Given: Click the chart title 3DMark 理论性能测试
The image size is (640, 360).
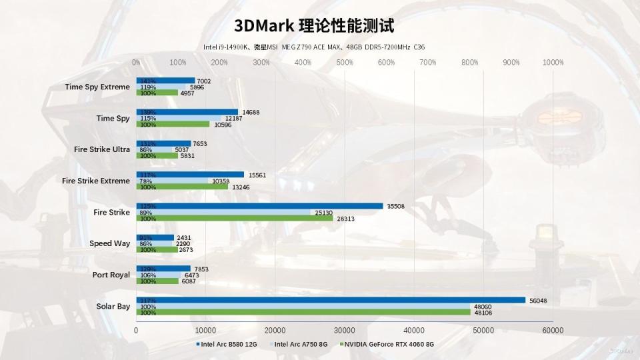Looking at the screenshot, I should (314, 25).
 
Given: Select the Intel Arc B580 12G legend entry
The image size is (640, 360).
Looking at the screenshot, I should (229, 345).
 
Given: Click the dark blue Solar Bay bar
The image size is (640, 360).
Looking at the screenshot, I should (331, 300).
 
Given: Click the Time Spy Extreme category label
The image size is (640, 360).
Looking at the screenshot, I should (97, 87).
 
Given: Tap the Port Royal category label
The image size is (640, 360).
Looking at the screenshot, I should (111, 275).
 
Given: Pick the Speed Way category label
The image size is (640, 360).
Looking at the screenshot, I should (110, 243).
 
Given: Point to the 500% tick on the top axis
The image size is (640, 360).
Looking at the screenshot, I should (345, 63).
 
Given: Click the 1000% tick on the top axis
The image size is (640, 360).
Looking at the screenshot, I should (553, 63).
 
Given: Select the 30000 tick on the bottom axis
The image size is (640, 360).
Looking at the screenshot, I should (345, 330).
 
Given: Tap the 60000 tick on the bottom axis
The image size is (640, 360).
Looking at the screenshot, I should (553, 330).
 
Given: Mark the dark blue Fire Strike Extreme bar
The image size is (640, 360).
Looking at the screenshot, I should (190, 175).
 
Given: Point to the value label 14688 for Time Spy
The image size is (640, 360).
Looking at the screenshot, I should (251, 112).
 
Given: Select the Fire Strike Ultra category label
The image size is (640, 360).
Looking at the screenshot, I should (102, 149).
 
